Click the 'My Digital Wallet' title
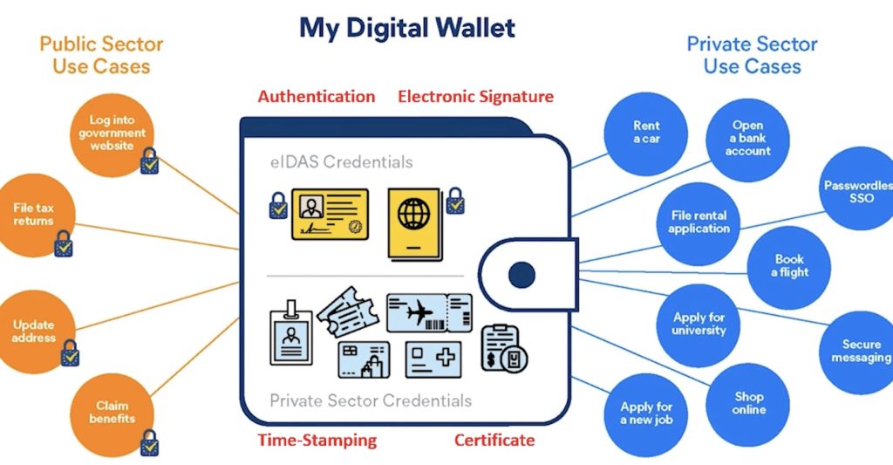click(x=407, y=28)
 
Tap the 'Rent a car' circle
click(x=646, y=133)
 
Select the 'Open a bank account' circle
click(x=747, y=140)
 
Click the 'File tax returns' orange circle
click(x=33, y=215)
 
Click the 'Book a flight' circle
click(x=789, y=266)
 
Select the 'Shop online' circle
click(x=748, y=403)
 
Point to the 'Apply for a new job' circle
click(x=646, y=414)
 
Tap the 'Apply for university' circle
click(x=699, y=325)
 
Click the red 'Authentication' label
click(x=317, y=97)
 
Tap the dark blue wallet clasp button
click(x=521, y=275)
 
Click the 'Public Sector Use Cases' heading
click(x=101, y=54)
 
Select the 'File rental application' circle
click(x=699, y=222)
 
